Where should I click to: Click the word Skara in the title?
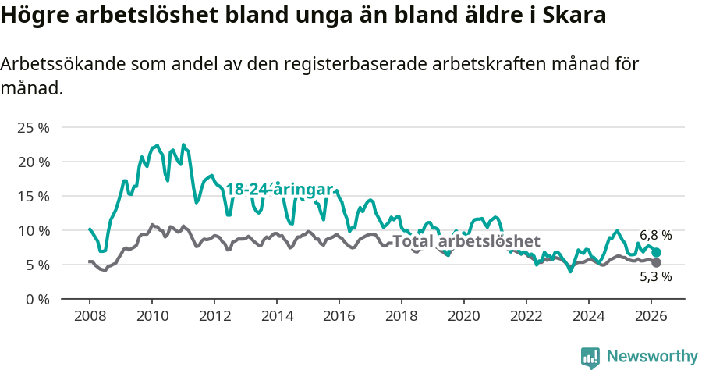tap(575, 16)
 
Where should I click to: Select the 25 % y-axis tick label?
tap(33, 127)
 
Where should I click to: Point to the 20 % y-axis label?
tap(33, 162)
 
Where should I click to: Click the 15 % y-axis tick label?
tap(33, 196)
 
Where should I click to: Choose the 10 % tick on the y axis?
tap(33, 230)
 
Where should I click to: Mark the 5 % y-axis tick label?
tap(37, 265)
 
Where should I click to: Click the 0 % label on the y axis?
tap(37, 299)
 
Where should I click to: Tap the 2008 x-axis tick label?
tap(90, 316)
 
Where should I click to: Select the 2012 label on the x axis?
tap(214, 316)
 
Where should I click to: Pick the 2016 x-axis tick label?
tap(339, 316)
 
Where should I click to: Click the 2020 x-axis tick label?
tap(464, 316)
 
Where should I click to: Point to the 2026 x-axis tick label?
tap(651, 316)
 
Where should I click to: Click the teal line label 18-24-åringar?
tap(279, 189)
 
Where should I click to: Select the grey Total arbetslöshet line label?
tap(466, 241)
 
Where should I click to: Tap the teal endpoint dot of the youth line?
tap(657, 252)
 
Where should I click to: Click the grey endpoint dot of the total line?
tap(656, 262)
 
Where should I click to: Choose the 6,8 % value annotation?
tap(655, 235)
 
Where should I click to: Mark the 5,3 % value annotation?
tap(655, 276)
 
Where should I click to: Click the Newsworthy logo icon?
tap(590, 357)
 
